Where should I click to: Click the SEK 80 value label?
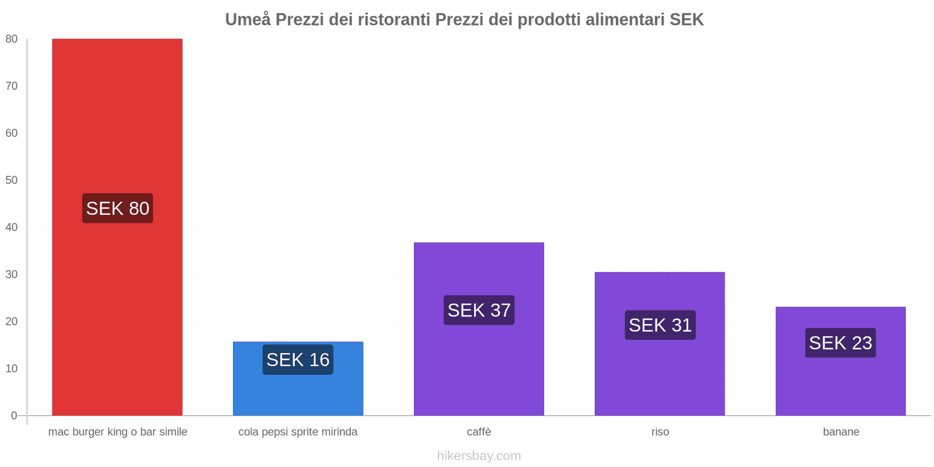tap(117, 208)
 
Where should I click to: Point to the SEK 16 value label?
tap(298, 360)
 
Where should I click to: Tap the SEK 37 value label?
tap(479, 310)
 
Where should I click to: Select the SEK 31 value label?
tap(660, 325)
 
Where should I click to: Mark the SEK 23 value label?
tap(841, 343)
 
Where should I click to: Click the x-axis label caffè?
tap(479, 432)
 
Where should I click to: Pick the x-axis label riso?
tap(660, 432)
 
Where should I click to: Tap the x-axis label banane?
tap(841, 432)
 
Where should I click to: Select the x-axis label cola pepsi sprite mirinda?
tap(298, 432)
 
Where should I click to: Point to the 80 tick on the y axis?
tap(12, 39)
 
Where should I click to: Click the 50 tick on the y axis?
tap(12, 180)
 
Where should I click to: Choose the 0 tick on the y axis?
tap(14, 416)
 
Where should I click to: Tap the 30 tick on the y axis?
tap(12, 274)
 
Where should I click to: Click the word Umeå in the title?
tap(248, 19)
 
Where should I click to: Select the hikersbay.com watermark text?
tap(479, 456)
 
